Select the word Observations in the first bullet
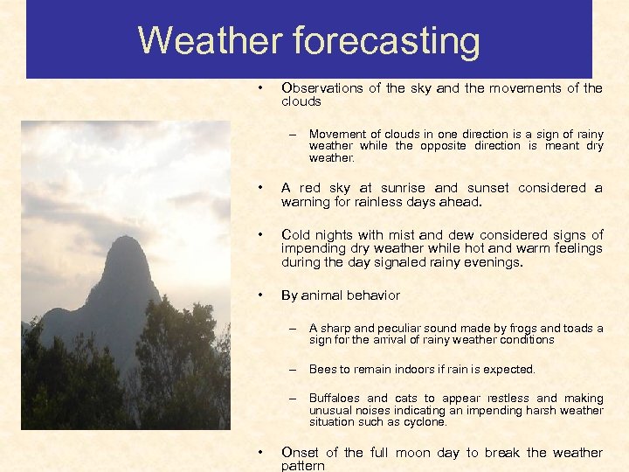(x=321, y=88)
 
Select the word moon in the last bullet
(x=412, y=453)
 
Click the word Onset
(x=300, y=453)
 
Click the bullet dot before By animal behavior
(x=260, y=295)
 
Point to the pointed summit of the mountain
(x=126, y=239)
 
